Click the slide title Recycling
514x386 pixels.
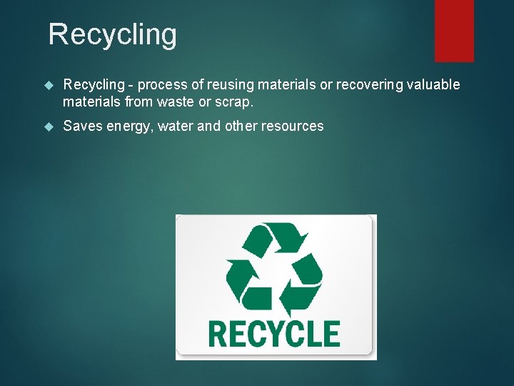[112, 34]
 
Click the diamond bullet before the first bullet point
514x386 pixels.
[49, 86]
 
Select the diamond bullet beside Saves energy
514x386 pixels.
[49, 127]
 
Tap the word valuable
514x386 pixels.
[434, 85]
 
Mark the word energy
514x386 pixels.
[128, 127]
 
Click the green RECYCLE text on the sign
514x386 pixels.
[274, 333]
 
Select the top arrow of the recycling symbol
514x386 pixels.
[275, 239]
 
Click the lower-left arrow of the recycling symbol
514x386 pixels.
[243, 282]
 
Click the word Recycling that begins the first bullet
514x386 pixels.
[93, 85]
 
